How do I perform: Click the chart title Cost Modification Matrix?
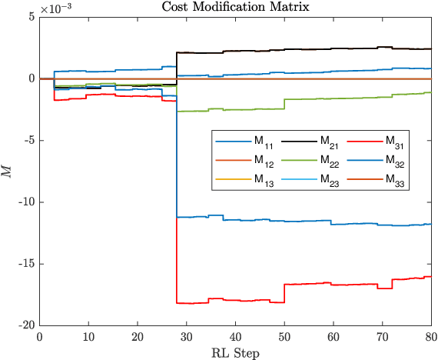point(235,7)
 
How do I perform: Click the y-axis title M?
point(8,171)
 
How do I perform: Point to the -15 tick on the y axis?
point(25,264)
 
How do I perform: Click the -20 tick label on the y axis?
point(25,325)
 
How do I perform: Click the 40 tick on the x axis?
point(235,336)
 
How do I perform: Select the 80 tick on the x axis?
point(431,336)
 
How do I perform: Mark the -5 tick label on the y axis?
point(28,141)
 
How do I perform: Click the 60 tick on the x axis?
point(333,336)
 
